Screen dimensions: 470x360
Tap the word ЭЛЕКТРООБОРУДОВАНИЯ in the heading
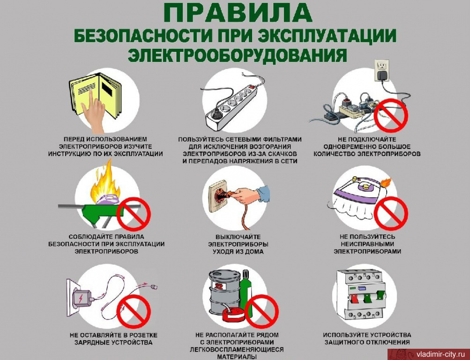(238, 55)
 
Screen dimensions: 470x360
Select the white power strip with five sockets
(231, 107)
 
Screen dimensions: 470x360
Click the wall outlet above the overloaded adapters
(381, 70)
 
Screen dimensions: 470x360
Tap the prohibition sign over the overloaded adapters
(392, 116)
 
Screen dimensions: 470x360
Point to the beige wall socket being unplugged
(218, 196)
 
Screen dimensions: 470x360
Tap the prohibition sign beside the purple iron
(391, 213)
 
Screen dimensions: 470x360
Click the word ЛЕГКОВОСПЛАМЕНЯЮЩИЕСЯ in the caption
(237, 350)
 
